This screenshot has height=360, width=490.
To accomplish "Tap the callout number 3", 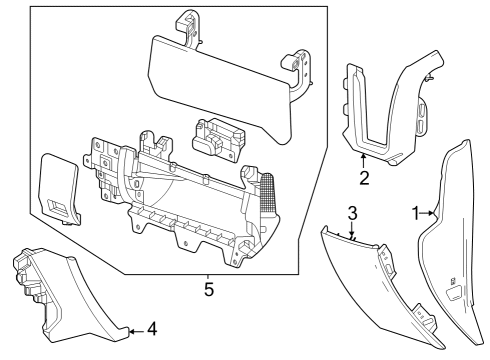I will click(x=353, y=213).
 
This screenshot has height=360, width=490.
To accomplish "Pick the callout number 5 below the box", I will click(x=209, y=290).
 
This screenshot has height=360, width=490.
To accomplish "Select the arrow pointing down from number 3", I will click(x=353, y=236).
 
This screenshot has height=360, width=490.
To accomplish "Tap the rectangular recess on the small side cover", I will click(x=61, y=208).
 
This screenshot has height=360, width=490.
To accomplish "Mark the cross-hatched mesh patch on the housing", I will click(x=268, y=187).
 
